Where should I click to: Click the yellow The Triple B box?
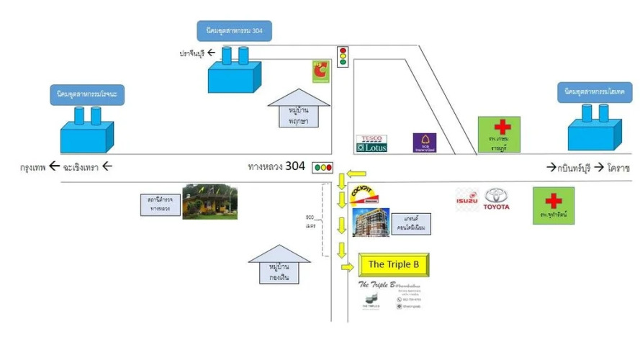tap(394, 264)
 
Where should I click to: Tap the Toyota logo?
tap(497, 199)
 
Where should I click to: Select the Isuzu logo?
tap(467, 199)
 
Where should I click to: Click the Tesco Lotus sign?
tap(372, 144)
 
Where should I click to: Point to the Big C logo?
tap(320, 72)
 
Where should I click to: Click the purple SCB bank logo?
tap(424, 143)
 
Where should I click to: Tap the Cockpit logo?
tap(366, 195)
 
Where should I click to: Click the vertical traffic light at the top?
tap(343, 56)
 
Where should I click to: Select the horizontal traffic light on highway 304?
tap(323, 168)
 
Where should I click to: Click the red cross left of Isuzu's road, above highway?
tap(499, 134)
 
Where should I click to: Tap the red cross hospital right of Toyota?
tap(553, 205)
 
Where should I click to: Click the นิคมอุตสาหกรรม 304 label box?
tap(234, 31)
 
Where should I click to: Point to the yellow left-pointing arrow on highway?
tap(356, 173)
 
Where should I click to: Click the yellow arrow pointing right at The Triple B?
tap(348, 268)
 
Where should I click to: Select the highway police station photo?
tap(209, 202)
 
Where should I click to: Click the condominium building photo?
tap(371, 222)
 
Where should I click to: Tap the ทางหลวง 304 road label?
tap(276, 166)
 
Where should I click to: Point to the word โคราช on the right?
tap(618, 168)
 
